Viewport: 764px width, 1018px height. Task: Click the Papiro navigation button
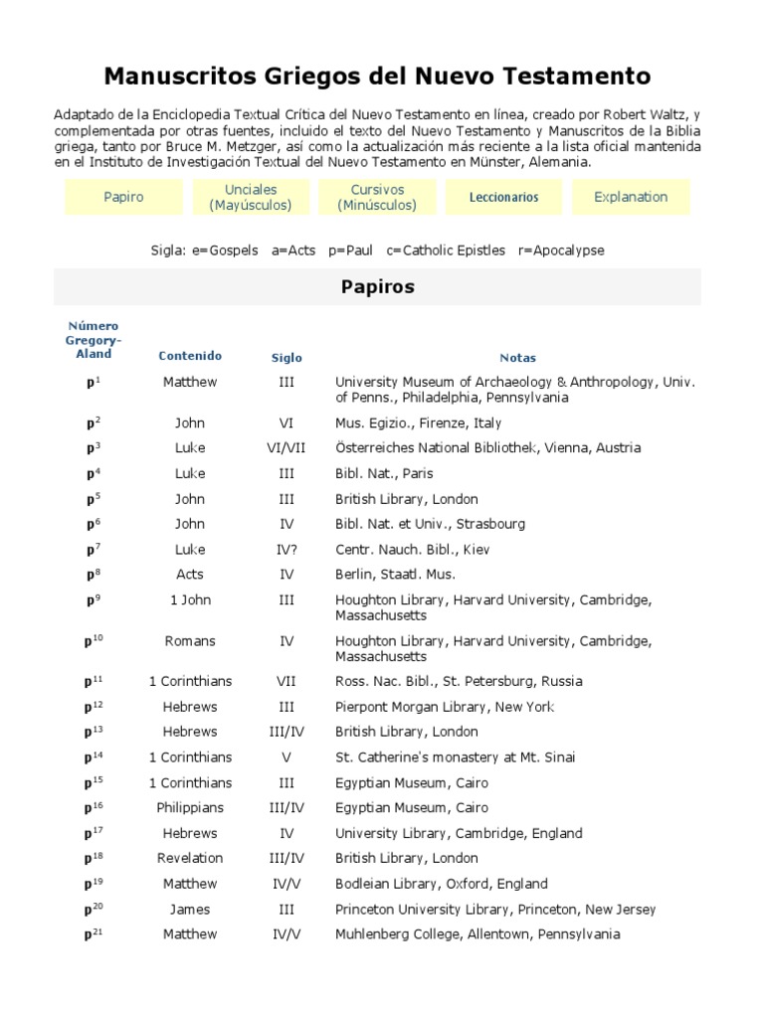coord(123,197)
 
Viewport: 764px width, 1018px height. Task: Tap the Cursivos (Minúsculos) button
coord(377,197)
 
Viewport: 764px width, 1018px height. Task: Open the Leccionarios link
coord(504,197)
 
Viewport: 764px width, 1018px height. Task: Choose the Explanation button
coord(631,197)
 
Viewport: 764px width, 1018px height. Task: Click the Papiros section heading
coord(377,287)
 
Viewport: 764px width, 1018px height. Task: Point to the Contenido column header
coord(190,356)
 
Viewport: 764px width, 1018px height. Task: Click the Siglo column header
coord(286,358)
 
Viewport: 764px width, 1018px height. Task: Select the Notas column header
coord(517,358)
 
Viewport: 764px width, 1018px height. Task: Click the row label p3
coord(93,448)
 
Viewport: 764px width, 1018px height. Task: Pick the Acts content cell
coord(190,575)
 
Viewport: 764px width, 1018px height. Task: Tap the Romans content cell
coord(190,641)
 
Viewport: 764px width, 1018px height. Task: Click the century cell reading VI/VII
coord(286,448)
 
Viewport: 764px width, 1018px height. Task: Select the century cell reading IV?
coord(286,550)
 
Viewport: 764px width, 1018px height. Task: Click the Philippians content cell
coord(190,808)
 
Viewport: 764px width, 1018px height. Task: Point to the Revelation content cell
coord(190,859)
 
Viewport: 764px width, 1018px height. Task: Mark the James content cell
coord(190,910)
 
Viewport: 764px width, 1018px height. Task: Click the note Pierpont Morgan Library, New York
coord(445,707)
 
